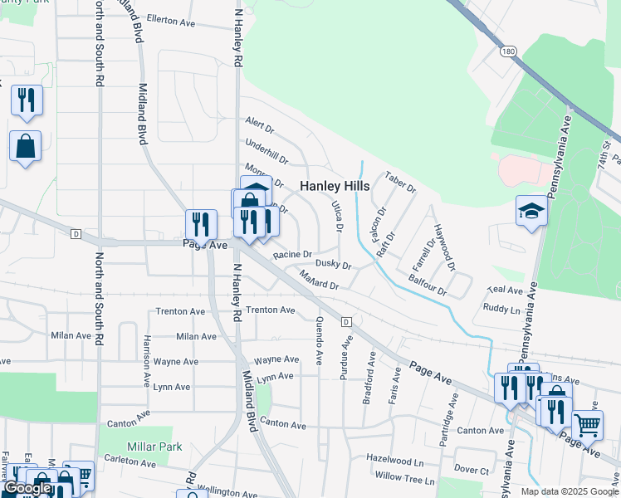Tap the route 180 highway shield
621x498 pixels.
[509, 51]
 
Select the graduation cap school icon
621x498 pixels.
[531, 212]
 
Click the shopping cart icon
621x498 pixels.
[587, 425]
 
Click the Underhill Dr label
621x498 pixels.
[266, 152]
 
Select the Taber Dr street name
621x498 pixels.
[399, 182]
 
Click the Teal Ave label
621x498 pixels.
[505, 290]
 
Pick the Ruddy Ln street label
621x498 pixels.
[502, 309]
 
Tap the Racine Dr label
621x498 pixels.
[291, 254]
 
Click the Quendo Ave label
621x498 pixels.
[319, 341]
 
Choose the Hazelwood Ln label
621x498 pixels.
[394, 461]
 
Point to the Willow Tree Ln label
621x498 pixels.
[404, 480]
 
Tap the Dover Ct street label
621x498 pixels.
[472, 470]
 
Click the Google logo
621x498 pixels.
[27, 488]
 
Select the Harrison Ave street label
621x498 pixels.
[146, 356]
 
